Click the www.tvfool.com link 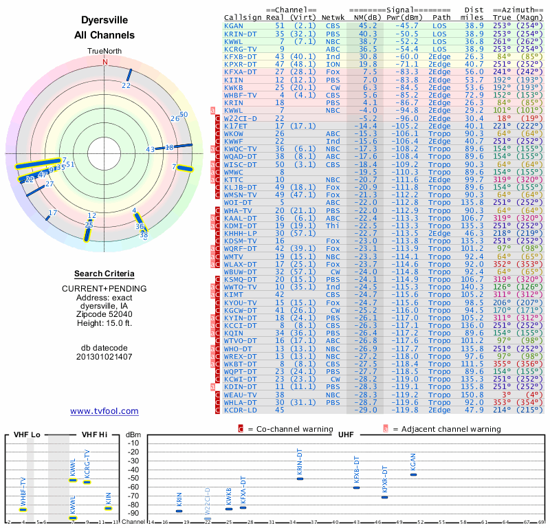[x=104, y=411]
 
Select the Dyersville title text [x=104, y=21]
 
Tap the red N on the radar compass [x=105, y=61]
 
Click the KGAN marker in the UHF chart [x=413, y=474]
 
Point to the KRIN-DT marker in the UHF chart [x=300, y=478]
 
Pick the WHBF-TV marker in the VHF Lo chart [x=23, y=509]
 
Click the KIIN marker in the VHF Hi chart [x=108, y=508]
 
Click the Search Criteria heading [x=104, y=274]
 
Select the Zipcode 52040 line [x=104, y=313]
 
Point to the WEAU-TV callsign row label [x=239, y=395]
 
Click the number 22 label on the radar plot [x=126, y=85]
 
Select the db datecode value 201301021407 [x=104, y=357]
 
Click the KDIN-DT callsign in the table [x=239, y=387]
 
